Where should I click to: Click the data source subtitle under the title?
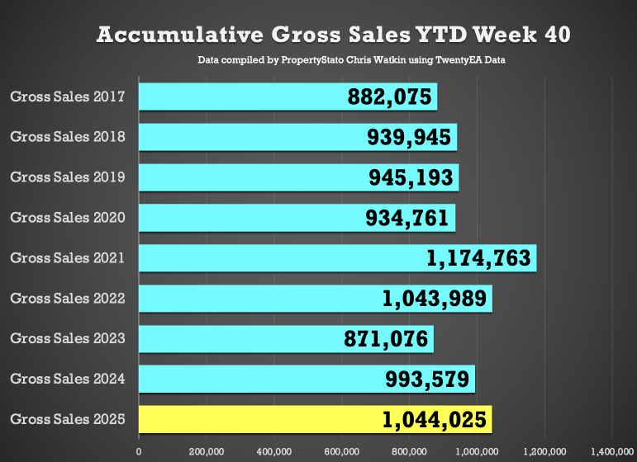(x=351, y=61)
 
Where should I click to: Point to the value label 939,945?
(x=411, y=138)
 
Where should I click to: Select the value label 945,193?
(x=412, y=177)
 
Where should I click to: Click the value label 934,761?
(x=409, y=218)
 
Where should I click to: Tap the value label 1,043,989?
(x=436, y=299)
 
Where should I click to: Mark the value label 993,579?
(x=429, y=379)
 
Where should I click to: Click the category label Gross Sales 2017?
(x=68, y=97)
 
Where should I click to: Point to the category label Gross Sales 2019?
(x=68, y=177)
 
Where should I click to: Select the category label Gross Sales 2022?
(x=68, y=299)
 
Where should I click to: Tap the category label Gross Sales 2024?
(x=68, y=379)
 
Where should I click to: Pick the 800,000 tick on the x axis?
(x=409, y=451)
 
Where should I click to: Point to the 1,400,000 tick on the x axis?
(x=611, y=451)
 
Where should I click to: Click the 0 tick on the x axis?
(x=139, y=451)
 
